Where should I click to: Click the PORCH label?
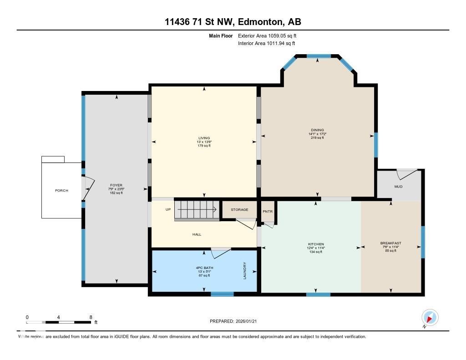(61, 190)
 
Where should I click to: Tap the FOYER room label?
(116, 185)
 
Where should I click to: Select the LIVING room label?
(204, 138)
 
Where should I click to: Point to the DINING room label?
(317, 130)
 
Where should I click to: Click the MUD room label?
(398, 187)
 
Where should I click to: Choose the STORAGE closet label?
(239, 209)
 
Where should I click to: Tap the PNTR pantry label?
(268, 211)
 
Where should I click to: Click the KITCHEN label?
(316, 244)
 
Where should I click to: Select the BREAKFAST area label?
(390, 243)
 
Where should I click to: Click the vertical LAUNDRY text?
(245, 270)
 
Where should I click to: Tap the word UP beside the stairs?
(168, 209)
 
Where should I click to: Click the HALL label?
(197, 234)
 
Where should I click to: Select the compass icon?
(430, 318)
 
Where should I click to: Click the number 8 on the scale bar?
(91, 317)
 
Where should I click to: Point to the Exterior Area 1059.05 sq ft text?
(267, 35)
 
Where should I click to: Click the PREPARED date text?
(236, 321)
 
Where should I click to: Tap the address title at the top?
(233, 21)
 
